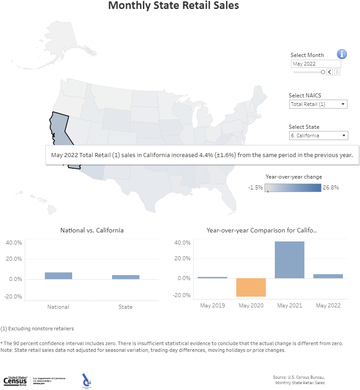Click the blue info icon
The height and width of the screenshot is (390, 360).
(x=342, y=54)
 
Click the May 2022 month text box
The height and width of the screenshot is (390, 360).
(x=316, y=64)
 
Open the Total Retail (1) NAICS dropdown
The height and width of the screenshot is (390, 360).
(x=318, y=104)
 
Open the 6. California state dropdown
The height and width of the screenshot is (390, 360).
(x=318, y=136)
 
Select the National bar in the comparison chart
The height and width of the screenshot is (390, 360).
(x=58, y=276)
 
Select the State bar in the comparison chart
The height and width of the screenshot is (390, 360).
(x=126, y=277)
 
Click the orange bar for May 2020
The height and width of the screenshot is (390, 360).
(x=251, y=287)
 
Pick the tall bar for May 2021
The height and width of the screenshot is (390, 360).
(x=290, y=260)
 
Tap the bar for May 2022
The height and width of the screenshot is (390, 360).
(x=328, y=276)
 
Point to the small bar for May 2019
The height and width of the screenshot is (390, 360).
(x=213, y=277)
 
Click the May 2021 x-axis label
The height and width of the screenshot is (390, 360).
(x=290, y=306)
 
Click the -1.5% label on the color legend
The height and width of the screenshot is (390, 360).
(x=255, y=188)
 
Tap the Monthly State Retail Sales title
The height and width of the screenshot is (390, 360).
(x=173, y=6)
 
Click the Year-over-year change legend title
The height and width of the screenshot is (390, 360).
(x=294, y=177)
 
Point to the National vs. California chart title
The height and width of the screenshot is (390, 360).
(x=92, y=230)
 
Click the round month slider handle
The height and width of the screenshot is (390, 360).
(x=323, y=72)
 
